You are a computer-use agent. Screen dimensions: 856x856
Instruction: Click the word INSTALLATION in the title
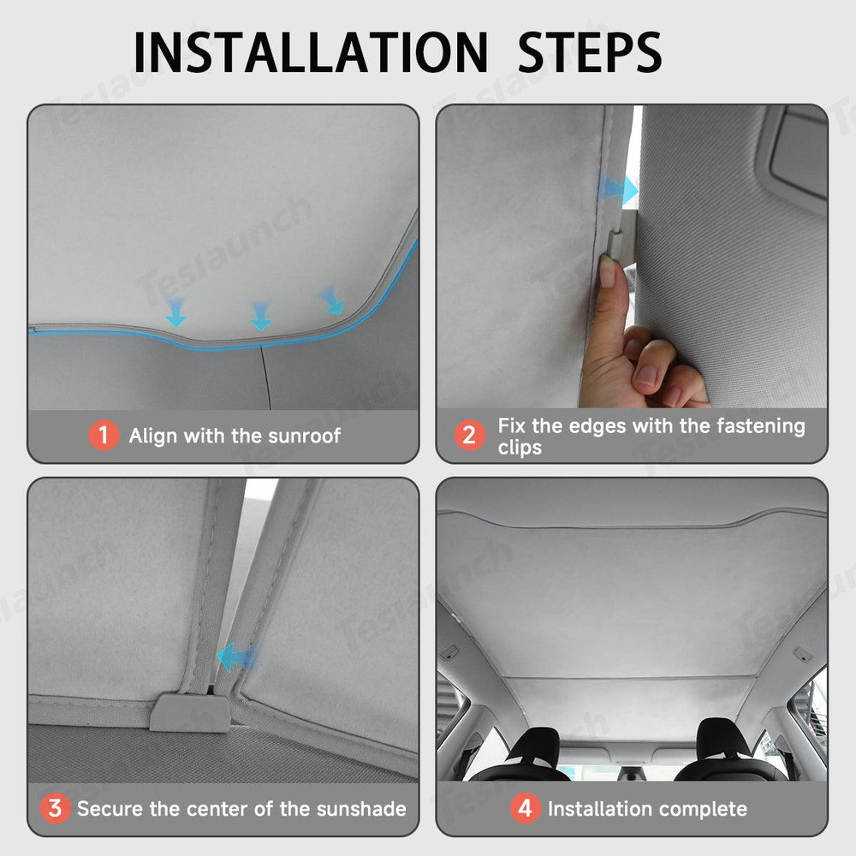pyautogui.click(x=310, y=52)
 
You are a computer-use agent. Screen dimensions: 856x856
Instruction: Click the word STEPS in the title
pyautogui.click(x=590, y=52)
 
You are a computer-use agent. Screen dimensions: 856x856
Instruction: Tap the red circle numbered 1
pyautogui.click(x=104, y=435)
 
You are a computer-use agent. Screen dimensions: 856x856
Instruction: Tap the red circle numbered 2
pyautogui.click(x=469, y=435)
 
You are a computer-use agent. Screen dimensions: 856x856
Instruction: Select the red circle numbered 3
pyautogui.click(x=55, y=809)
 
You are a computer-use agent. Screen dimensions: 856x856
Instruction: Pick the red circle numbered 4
pyautogui.click(x=526, y=809)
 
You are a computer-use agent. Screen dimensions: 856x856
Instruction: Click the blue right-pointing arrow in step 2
pyautogui.click(x=618, y=189)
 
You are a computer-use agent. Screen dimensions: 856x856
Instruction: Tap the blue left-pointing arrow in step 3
pyautogui.click(x=236, y=657)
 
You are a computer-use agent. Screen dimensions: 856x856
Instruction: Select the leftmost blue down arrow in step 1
pyautogui.click(x=175, y=312)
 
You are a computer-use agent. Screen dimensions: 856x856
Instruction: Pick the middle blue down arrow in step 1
pyautogui.click(x=260, y=316)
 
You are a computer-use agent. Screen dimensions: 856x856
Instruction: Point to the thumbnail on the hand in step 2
pyautogui.click(x=607, y=272)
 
